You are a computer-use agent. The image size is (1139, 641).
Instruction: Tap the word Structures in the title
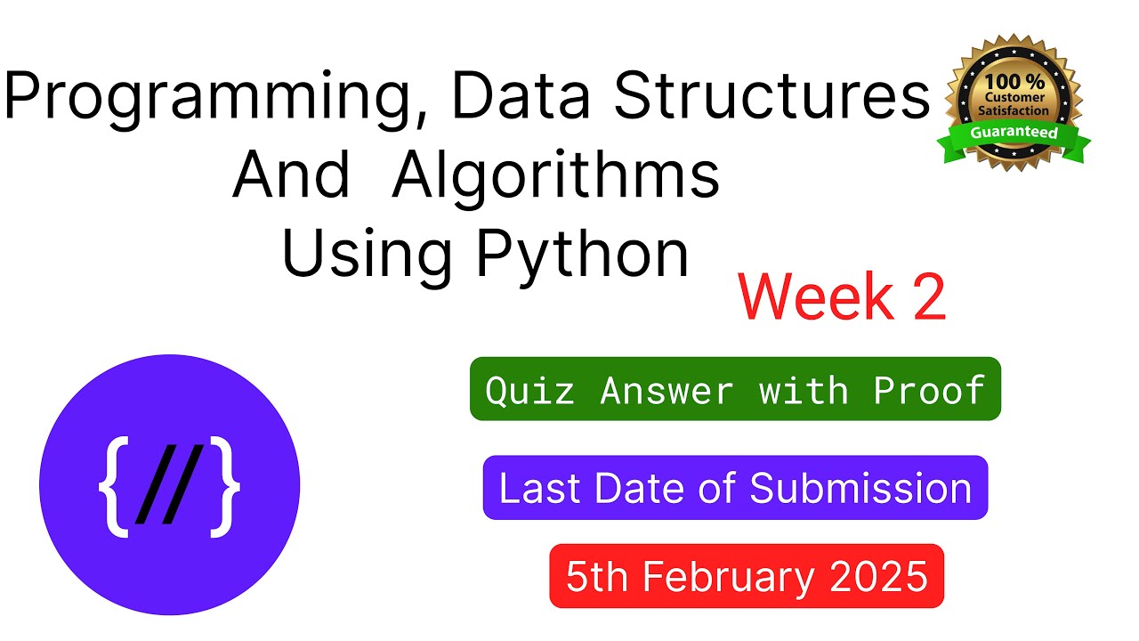coord(772,94)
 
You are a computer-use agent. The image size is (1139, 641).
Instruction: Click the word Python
coord(583,257)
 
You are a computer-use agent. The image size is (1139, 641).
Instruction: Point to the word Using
coord(366,257)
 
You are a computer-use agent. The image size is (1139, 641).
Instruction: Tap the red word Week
coord(816,297)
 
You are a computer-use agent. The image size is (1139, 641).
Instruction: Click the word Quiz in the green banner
coord(529,391)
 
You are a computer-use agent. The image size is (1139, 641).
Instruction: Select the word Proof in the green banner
coord(930,391)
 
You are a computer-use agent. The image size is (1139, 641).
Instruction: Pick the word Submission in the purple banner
coord(860,489)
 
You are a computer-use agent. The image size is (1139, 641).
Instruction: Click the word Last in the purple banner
coord(540,489)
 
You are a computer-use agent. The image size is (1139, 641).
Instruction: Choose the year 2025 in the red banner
coord(878,576)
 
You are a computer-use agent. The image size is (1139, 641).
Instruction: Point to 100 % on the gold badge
coord(1014,81)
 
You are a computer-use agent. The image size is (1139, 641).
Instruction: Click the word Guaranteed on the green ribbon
coord(1014,133)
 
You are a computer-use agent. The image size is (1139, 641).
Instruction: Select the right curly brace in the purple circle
coord(225,486)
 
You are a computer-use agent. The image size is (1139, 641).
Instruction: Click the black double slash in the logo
coord(169,484)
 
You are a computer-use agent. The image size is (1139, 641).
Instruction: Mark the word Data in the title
coord(521,95)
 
